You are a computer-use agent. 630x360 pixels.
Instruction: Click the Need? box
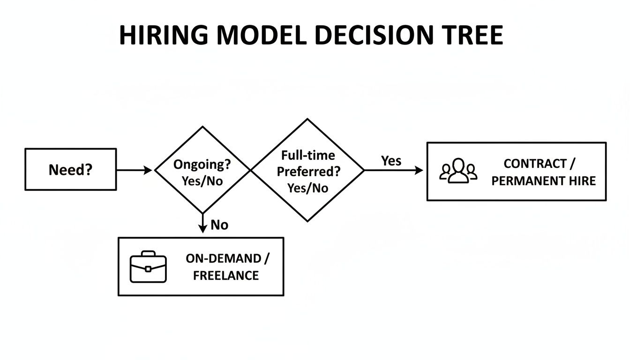(70, 169)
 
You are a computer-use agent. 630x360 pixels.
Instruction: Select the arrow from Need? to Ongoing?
(134, 170)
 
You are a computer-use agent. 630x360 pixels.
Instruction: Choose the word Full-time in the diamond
(308, 155)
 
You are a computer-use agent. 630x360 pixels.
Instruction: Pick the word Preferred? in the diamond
(308, 172)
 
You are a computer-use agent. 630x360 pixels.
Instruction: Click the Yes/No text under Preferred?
(308, 188)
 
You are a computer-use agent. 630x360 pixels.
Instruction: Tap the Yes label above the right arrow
(391, 161)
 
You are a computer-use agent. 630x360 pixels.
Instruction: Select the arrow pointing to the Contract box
(394, 170)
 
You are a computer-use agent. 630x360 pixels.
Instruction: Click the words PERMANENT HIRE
(543, 180)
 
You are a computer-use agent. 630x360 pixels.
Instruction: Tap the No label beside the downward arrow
(219, 225)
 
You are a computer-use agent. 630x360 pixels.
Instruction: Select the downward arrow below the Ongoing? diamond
(202, 223)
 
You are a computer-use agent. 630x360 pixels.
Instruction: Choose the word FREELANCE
(225, 275)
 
